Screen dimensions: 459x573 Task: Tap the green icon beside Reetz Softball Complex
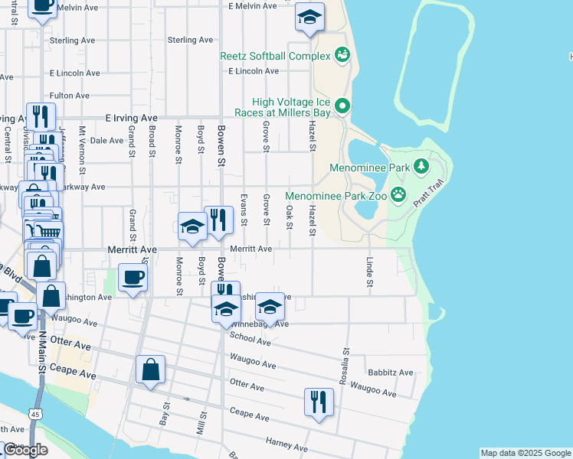342,55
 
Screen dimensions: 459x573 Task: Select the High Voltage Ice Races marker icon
342,106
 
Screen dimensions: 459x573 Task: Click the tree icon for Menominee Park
421,166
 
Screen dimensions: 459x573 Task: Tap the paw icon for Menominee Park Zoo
398,194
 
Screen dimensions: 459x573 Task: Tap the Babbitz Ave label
390,373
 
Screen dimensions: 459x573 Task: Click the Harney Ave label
286,444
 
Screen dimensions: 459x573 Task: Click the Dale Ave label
106,141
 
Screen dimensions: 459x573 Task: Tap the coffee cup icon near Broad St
133,278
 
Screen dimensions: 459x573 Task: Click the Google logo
25,451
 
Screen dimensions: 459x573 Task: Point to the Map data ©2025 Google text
526,453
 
